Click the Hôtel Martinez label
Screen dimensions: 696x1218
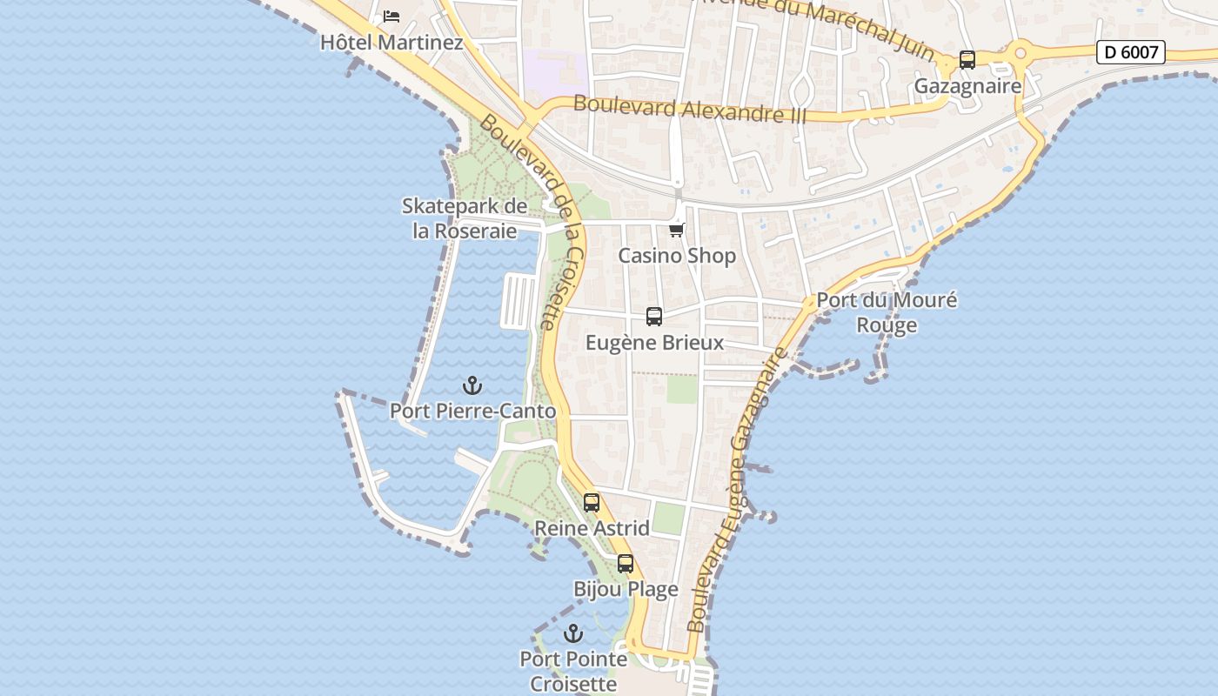coord(391,42)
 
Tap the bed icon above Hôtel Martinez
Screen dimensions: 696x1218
coord(391,16)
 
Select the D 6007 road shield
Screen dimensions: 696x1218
coord(1130,52)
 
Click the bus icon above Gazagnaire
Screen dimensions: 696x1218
coord(967,60)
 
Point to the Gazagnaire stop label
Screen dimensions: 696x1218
coord(967,86)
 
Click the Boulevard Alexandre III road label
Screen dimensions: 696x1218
coord(690,110)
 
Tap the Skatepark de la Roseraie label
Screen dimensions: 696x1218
coord(465,218)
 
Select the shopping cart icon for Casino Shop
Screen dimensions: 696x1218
coord(677,230)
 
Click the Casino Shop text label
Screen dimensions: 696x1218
coord(677,256)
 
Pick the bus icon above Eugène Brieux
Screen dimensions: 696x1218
coord(654,317)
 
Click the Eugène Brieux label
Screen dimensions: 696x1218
coord(654,343)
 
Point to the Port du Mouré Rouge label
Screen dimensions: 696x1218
coord(887,312)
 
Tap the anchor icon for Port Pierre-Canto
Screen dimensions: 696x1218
coord(472,385)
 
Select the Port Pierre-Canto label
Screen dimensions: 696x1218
coord(472,411)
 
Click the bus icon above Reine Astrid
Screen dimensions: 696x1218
coord(592,503)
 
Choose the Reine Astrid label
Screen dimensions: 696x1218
coord(592,528)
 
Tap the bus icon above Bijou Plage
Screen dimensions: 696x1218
coord(626,564)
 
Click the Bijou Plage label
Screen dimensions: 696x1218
coord(626,590)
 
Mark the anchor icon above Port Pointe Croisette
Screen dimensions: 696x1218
coord(572,633)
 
